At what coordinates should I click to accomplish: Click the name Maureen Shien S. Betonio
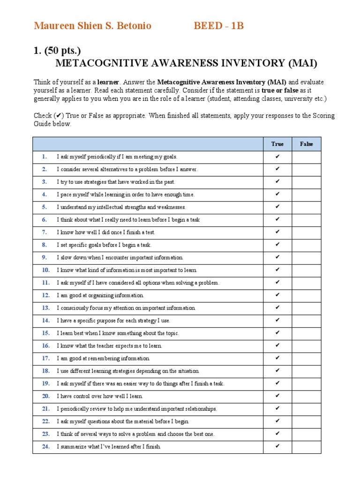(92, 26)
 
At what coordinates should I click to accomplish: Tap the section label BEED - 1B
(219, 26)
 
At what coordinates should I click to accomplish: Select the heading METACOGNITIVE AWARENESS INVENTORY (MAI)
(186, 63)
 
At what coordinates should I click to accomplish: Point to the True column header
(277, 144)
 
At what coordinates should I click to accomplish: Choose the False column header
(307, 144)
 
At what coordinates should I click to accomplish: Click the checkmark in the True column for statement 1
(277, 157)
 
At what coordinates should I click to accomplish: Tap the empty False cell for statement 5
(307, 207)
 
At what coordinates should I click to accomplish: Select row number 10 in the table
(45, 270)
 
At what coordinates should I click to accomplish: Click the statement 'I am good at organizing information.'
(100, 295)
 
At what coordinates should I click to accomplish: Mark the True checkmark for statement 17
(277, 358)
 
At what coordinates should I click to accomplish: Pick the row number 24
(45, 447)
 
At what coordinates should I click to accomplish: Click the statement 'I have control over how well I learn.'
(104, 396)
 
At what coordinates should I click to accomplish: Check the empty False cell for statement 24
(307, 447)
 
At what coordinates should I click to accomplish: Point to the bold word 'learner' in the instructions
(108, 82)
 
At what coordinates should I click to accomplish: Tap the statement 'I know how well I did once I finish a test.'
(106, 232)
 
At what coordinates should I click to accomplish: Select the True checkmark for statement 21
(277, 409)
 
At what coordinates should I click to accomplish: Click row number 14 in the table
(45, 321)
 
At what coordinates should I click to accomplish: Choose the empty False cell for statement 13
(307, 308)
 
